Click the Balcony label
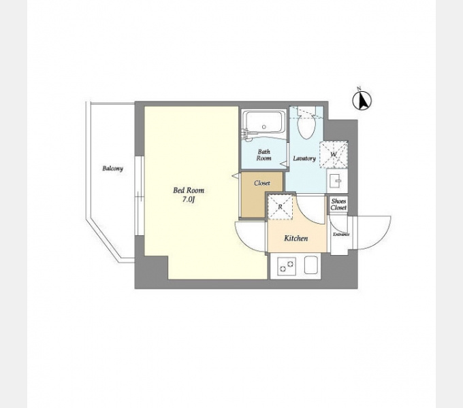coord(112,169)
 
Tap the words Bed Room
coord(189,190)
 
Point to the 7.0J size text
coord(189,199)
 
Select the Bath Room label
coord(264,155)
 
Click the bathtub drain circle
coord(264,127)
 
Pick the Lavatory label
coord(304,158)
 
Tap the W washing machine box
coord(334,154)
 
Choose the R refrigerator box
coord(280,207)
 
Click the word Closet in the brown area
coord(262,183)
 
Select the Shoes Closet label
coord(338,204)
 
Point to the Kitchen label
coord(296,238)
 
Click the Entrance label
coord(341,235)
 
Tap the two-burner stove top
coord(287,265)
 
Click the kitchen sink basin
coord(311,265)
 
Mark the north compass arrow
coord(362,101)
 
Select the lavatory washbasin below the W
coord(337,181)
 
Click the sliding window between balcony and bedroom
coord(140,196)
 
